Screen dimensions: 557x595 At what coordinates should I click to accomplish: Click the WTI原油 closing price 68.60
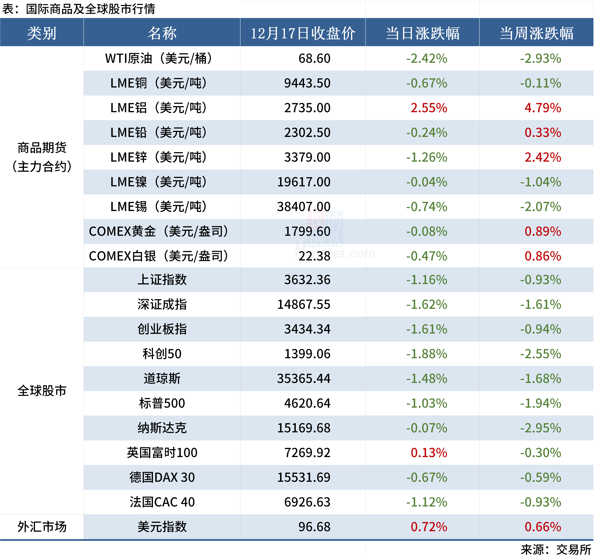pyautogui.click(x=314, y=58)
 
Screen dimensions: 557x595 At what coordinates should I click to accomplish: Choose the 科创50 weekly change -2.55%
pyautogui.click(x=541, y=354)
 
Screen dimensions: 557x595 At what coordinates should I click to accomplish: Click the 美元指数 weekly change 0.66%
pyautogui.click(x=543, y=527)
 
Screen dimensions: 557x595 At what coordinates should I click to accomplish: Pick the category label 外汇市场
pyautogui.click(x=42, y=527)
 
